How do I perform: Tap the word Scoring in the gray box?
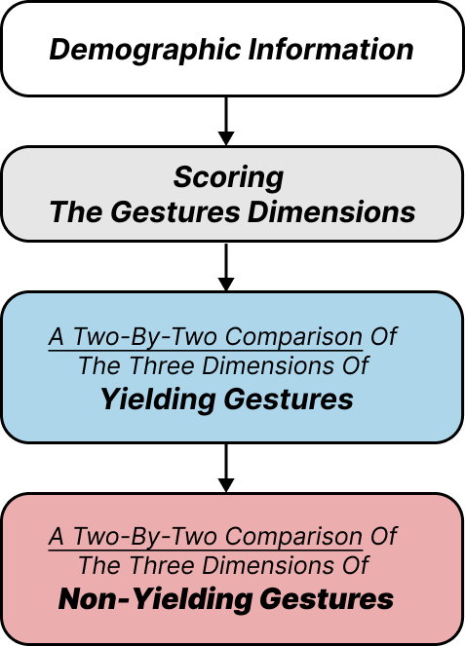[228, 177]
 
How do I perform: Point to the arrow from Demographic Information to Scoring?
[227, 121]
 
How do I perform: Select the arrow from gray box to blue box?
[227, 266]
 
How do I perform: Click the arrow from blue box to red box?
[227, 468]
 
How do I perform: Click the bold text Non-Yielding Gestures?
[226, 599]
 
